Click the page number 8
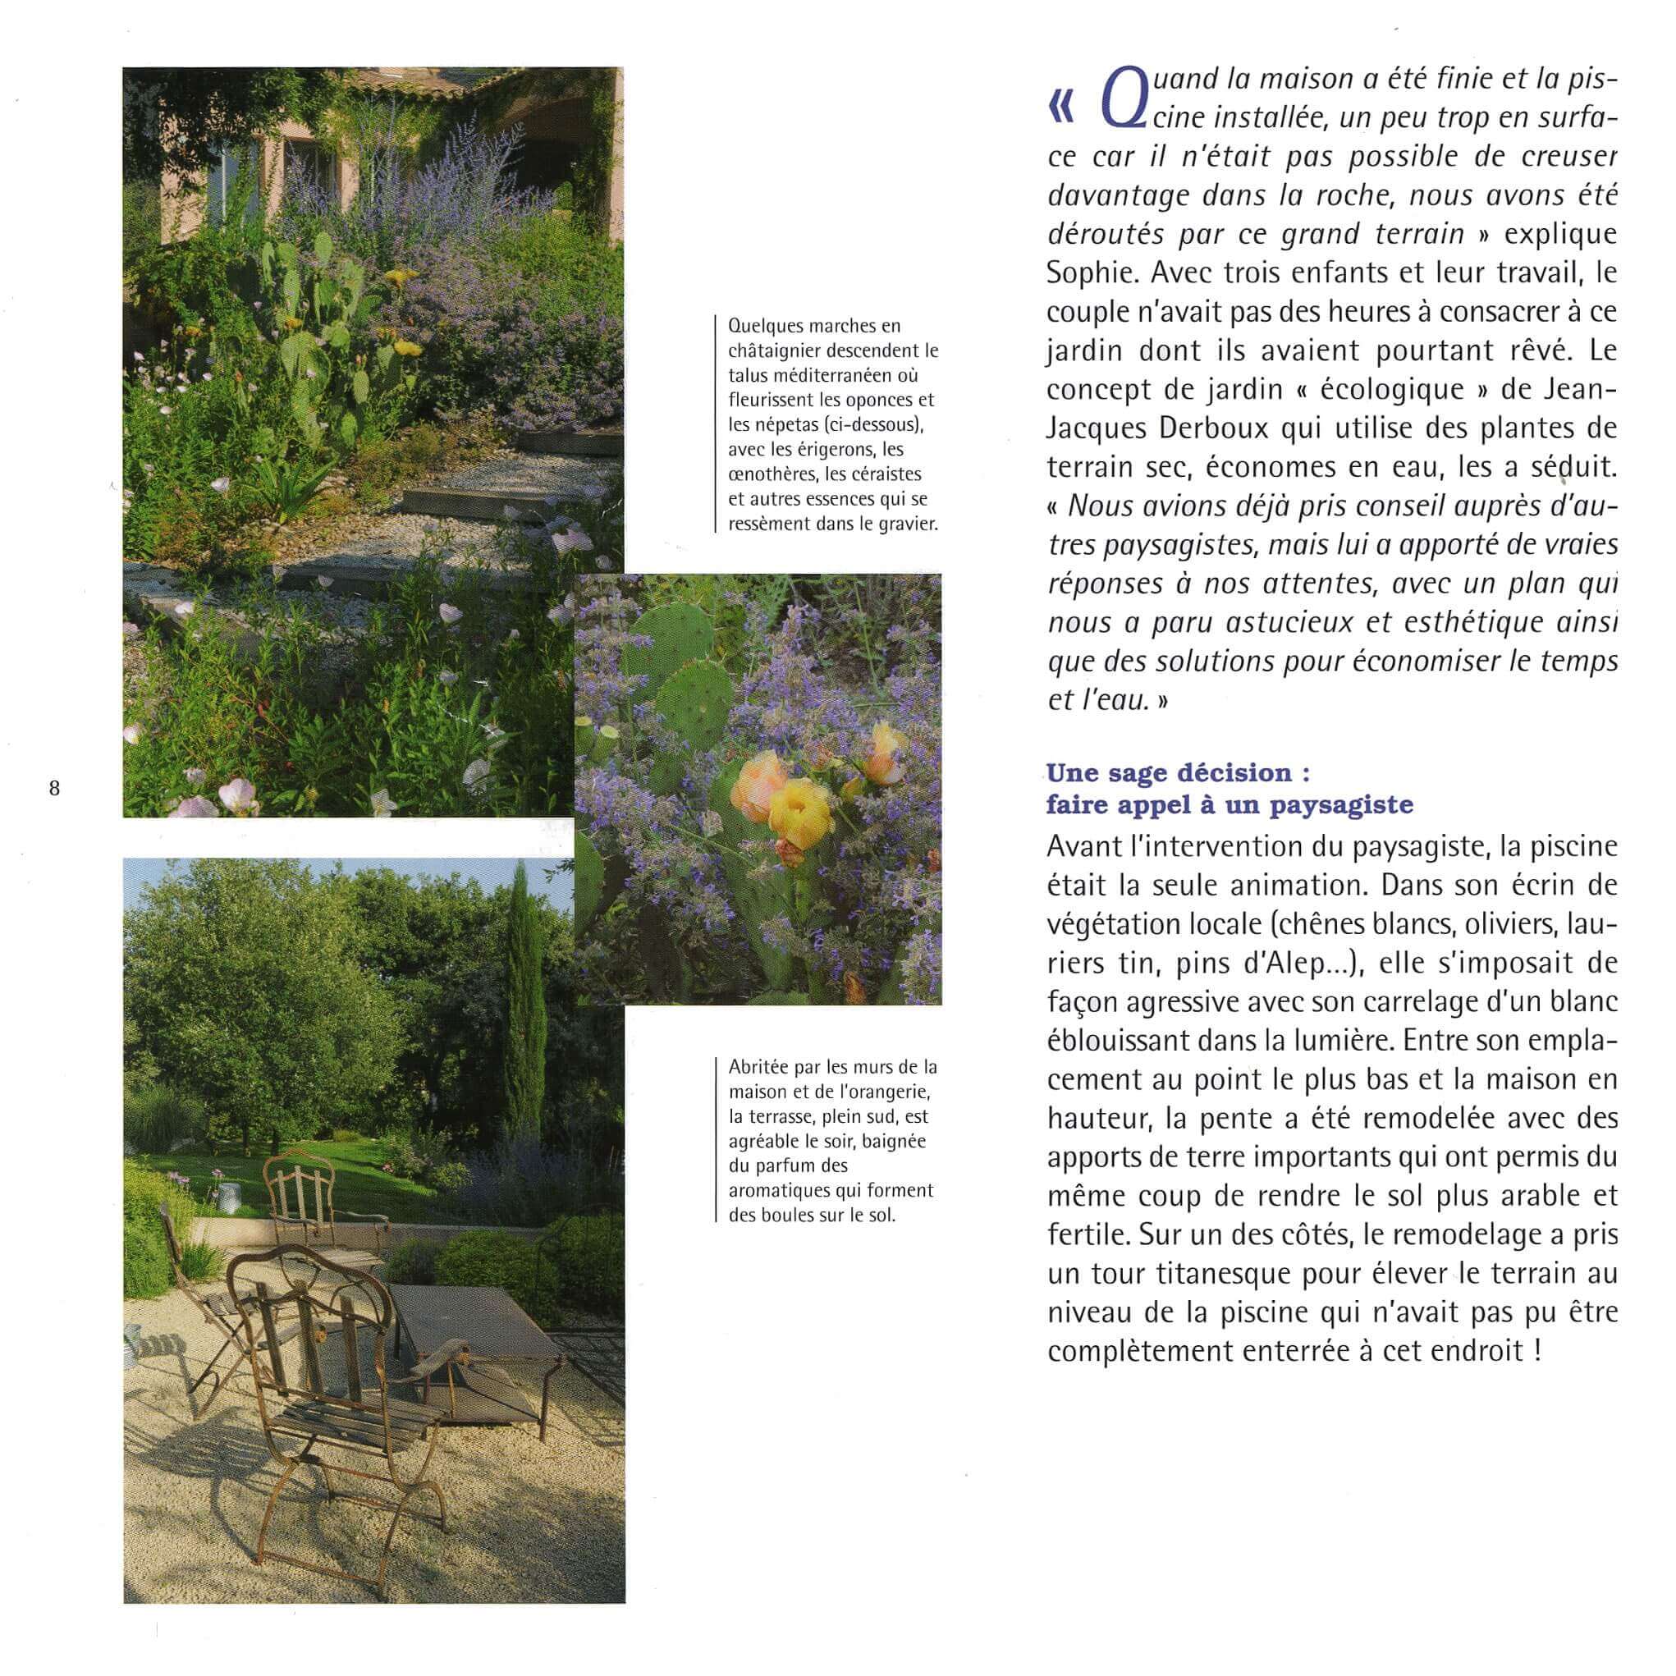pos(55,789)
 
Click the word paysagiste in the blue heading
pos(1341,805)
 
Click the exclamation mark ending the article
pos(1537,1352)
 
